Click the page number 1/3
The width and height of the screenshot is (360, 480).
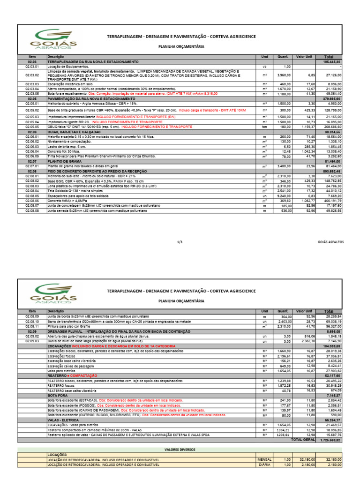pyautogui.click(x=180, y=242)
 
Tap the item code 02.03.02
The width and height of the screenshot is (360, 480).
pyautogui.click(x=32, y=75)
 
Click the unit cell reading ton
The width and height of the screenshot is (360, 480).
pyautogui.click(x=264, y=127)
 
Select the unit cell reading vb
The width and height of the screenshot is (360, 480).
pyautogui.click(x=264, y=67)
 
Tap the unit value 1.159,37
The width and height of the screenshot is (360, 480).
pyautogui.click(x=304, y=127)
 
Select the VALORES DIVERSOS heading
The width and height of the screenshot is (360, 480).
pyautogui.click(x=180, y=449)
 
